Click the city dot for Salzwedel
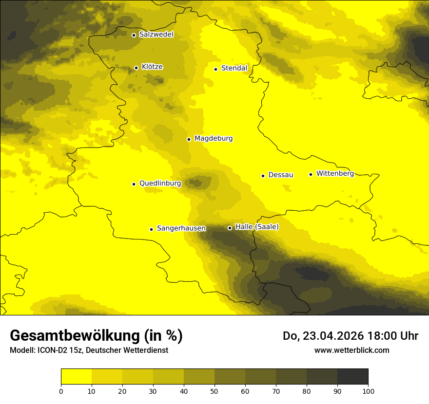(134, 35)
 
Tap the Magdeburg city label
(214, 139)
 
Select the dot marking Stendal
(215, 69)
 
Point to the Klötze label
(152, 67)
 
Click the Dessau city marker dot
(263, 176)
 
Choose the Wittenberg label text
(335, 174)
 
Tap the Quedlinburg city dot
(134, 184)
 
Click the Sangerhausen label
(181, 228)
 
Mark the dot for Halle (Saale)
(230, 228)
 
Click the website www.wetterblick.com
(351, 350)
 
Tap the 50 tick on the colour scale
(214, 390)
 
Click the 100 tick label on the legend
(368, 390)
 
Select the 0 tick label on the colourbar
(61, 390)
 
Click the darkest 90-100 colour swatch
(352, 376)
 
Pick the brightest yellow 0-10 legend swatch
(76, 376)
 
